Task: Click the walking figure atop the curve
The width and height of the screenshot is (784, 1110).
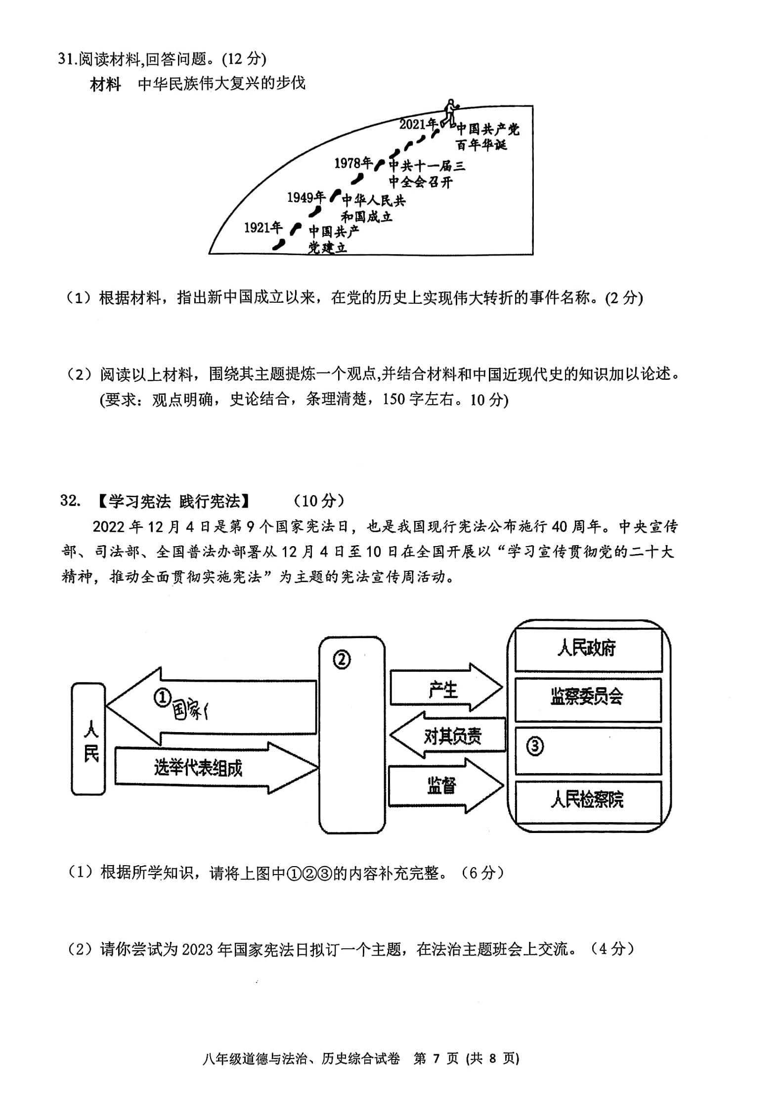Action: coord(450,112)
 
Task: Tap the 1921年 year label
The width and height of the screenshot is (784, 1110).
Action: coord(263,228)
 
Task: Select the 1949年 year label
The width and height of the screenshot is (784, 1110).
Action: coord(306,197)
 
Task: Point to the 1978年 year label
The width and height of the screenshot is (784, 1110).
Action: coord(353,163)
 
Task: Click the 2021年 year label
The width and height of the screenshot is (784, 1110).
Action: coord(418,124)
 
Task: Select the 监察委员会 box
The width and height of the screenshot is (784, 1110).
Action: coord(588,700)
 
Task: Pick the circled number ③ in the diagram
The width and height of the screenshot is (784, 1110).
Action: coord(535,746)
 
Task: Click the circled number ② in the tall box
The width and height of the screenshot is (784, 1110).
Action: coord(342,660)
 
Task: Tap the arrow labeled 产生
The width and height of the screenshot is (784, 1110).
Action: coord(446,688)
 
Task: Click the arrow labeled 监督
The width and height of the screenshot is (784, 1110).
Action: coord(446,786)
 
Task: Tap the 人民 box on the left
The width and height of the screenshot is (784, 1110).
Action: coord(88,739)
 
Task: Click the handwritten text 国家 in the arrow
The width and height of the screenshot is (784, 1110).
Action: coord(190,711)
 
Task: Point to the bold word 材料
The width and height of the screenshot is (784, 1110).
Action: coord(105,84)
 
